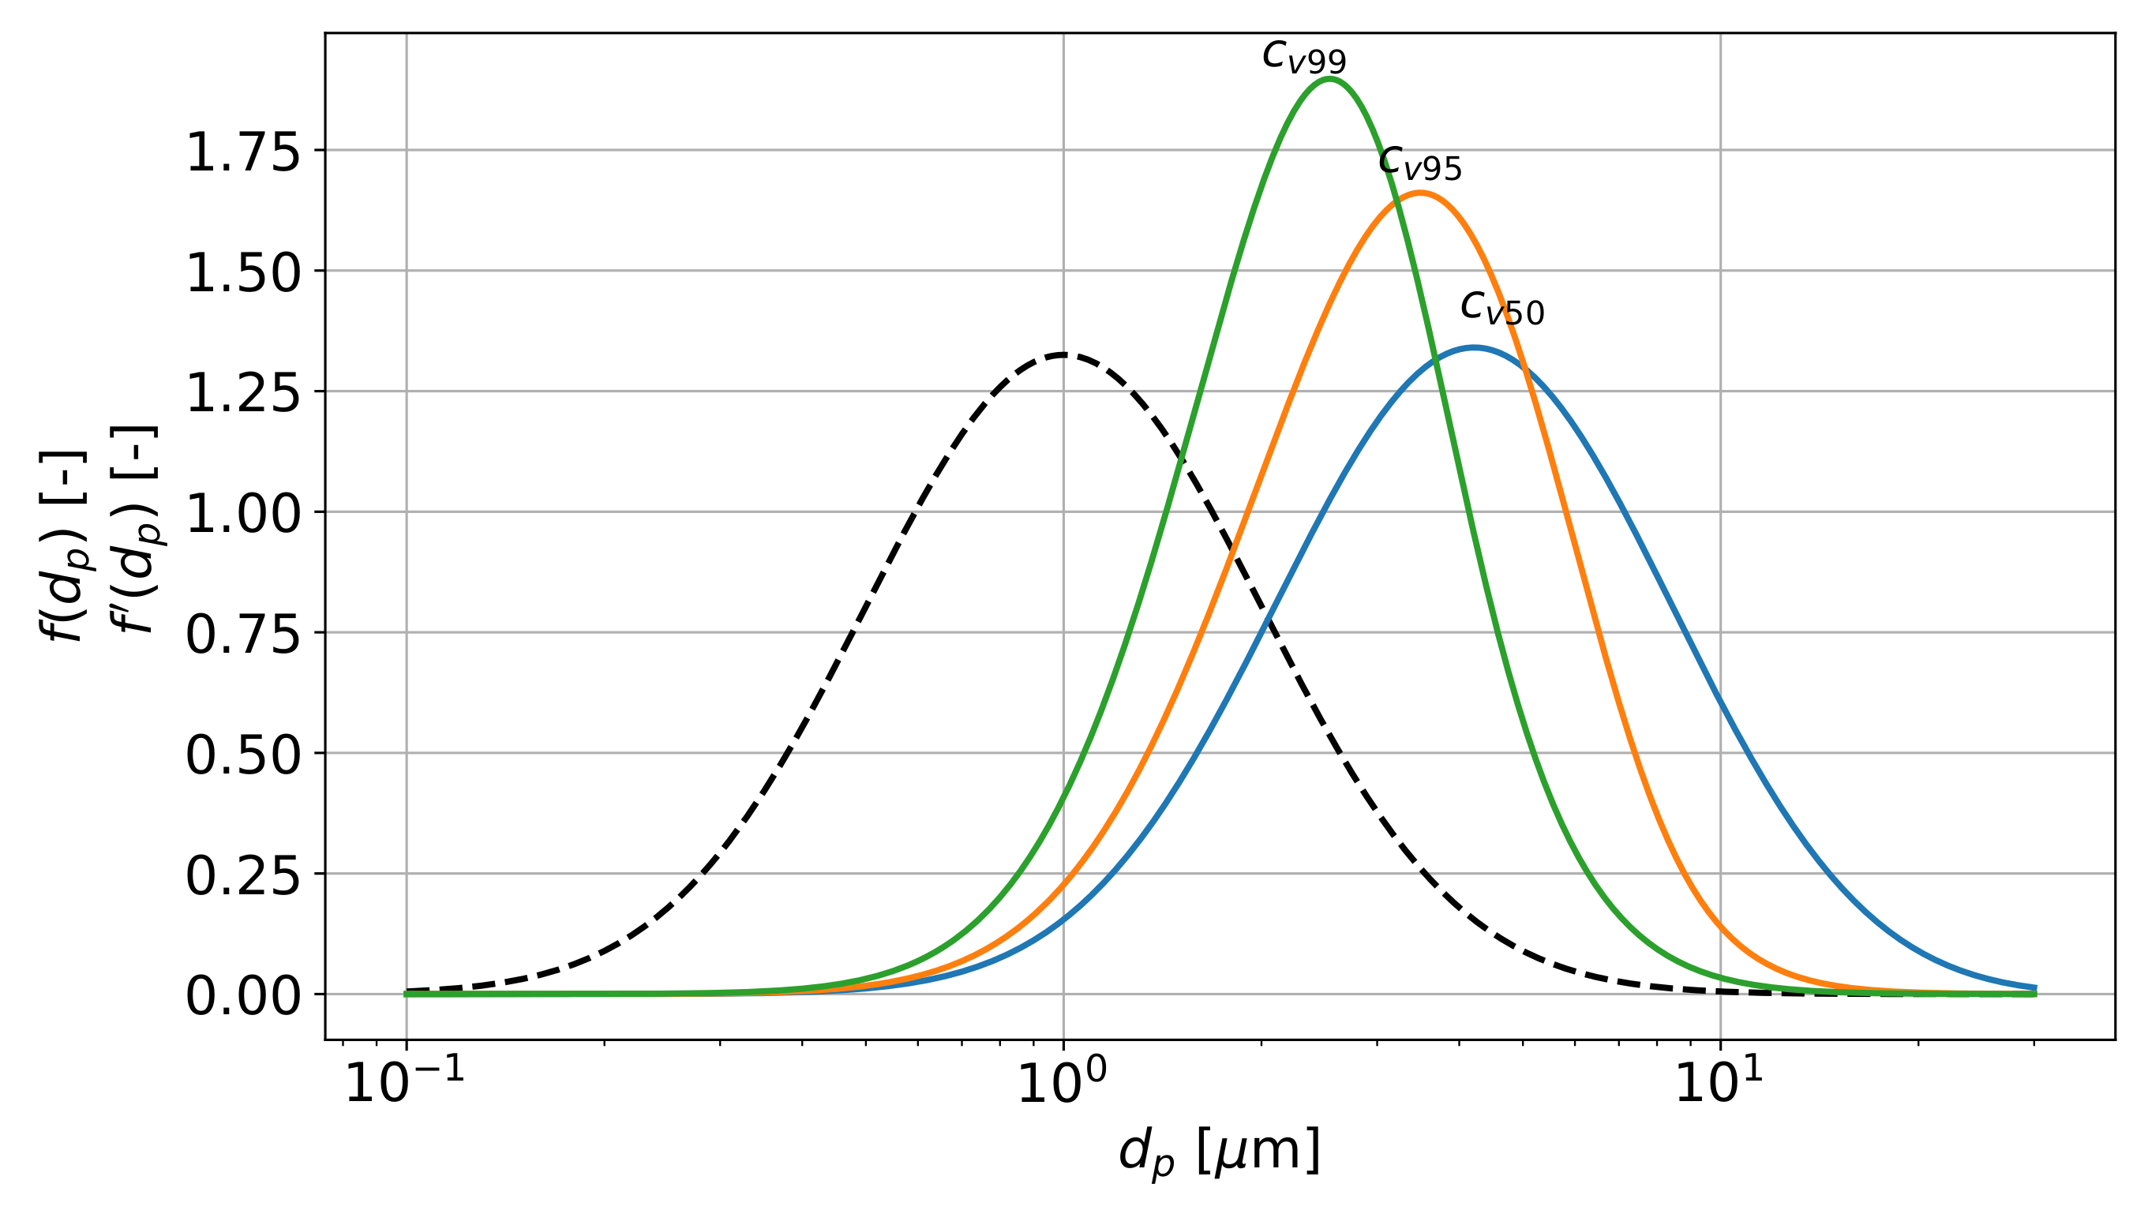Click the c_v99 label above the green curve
point(1304,57)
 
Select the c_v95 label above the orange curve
point(1420,163)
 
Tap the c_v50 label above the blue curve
point(1502,308)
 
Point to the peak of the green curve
point(1329,79)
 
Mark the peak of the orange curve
point(1420,193)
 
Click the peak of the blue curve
point(1475,348)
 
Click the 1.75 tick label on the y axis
point(242,152)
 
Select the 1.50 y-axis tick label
point(242,272)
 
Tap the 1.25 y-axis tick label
point(242,393)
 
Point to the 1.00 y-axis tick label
point(242,513)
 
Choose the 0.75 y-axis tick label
point(242,634)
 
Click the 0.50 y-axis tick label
point(242,755)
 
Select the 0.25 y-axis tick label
point(242,875)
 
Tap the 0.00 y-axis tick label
point(242,995)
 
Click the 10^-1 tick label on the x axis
point(404,1083)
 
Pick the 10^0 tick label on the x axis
point(1063,1083)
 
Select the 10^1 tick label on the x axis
point(1719,1083)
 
